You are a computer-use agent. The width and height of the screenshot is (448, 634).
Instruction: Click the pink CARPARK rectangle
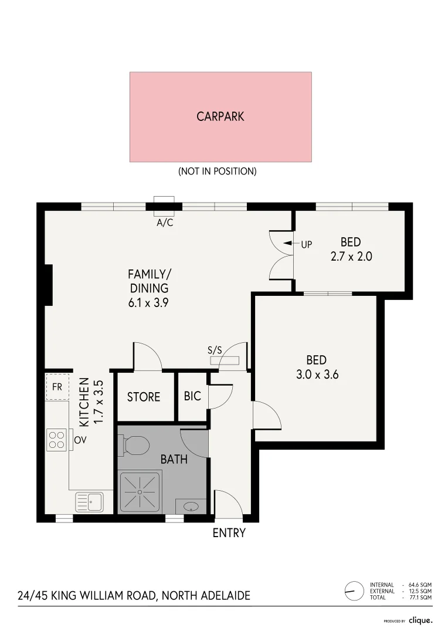click(220, 117)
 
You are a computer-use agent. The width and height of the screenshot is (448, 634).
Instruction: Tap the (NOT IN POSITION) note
click(217, 172)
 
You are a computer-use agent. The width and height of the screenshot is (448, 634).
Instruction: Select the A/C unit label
click(165, 223)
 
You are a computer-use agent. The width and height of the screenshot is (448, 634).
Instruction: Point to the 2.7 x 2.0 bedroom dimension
click(350, 257)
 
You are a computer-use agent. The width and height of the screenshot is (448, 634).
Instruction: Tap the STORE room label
click(144, 397)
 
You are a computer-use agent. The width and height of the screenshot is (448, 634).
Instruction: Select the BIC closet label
click(192, 396)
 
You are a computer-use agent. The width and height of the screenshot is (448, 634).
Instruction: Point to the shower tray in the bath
click(140, 492)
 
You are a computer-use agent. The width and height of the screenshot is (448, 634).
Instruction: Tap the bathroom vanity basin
click(191, 506)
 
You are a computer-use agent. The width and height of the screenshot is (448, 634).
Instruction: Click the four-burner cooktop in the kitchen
click(57, 440)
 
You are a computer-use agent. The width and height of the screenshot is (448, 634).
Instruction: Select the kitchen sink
click(89, 502)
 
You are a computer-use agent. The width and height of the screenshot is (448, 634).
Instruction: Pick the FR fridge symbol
click(57, 387)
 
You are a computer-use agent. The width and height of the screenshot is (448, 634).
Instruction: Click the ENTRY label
click(229, 533)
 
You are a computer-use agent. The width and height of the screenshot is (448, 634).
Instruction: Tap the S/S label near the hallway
click(215, 350)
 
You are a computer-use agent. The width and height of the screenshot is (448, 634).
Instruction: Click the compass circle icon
click(354, 591)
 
